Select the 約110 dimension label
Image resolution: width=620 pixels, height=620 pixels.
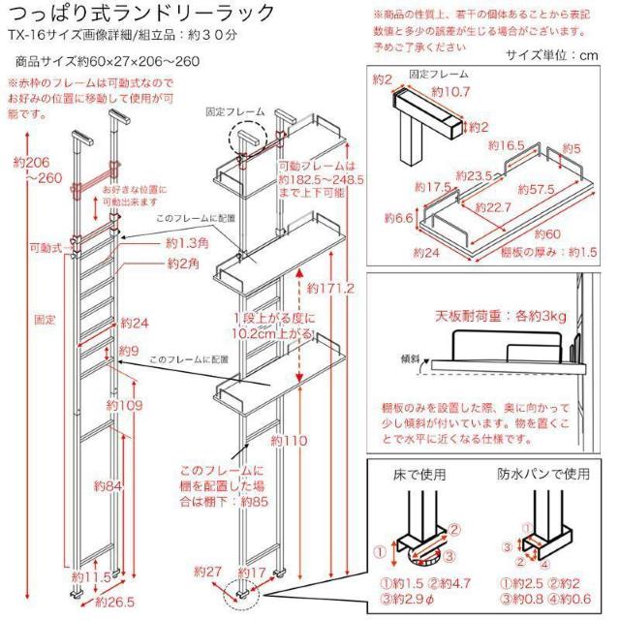(289, 441)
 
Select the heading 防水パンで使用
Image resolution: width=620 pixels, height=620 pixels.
(542, 475)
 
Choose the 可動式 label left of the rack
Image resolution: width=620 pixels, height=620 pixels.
(46, 248)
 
